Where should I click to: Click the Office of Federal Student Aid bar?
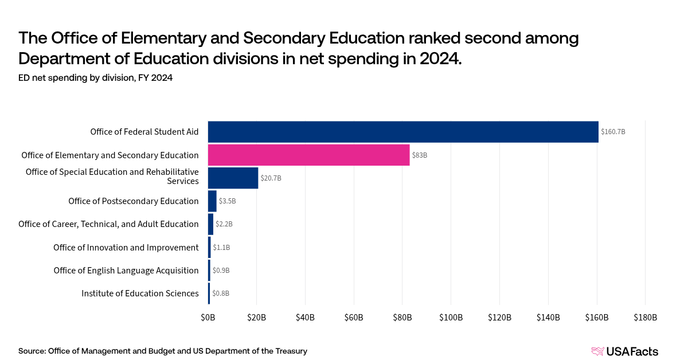click(402, 132)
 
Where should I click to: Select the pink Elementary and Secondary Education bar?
click(308, 155)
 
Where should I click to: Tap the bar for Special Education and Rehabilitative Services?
click(233, 178)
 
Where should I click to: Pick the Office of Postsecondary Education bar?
click(212, 201)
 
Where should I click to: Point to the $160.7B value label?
click(613, 132)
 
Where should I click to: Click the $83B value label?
click(419, 155)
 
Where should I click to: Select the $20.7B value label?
click(271, 178)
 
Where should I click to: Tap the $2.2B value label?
click(224, 224)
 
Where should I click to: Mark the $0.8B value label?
click(221, 294)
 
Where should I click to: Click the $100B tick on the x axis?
click(451, 318)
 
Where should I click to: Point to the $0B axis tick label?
click(208, 318)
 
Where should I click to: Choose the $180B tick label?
click(645, 318)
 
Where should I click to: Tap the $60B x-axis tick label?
click(354, 318)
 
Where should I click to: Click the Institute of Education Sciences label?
click(140, 294)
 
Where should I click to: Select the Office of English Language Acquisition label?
click(126, 271)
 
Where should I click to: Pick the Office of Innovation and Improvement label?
click(126, 248)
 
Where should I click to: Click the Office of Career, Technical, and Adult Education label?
click(108, 224)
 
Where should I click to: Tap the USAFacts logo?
click(624, 351)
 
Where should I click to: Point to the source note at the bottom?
click(163, 351)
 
